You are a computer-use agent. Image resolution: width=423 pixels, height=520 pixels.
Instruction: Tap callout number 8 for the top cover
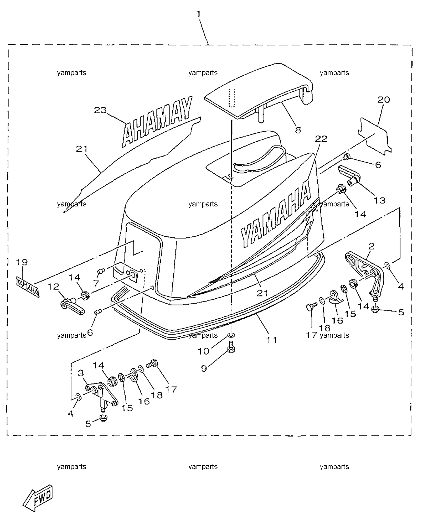(298, 130)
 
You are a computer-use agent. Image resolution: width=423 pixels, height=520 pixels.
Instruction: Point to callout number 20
(384, 100)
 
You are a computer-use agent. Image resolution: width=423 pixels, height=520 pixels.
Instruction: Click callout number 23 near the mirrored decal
(101, 110)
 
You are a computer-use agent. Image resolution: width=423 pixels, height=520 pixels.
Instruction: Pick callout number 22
(321, 139)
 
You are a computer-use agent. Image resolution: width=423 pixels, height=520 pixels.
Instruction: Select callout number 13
(379, 200)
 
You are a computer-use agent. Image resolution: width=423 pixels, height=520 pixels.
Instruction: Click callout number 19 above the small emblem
(22, 262)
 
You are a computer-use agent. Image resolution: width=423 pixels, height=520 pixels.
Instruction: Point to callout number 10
(204, 351)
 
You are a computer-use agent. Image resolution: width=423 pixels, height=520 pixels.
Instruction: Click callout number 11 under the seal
(271, 340)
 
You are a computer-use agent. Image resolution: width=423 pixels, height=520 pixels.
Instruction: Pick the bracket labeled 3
(101, 397)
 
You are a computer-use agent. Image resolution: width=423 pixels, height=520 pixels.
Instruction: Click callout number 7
(96, 283)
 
